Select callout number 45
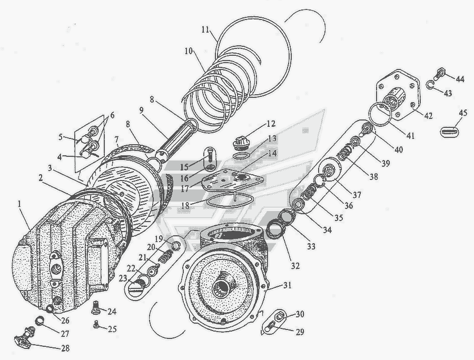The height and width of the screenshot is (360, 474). pyautogui.click(x=462, y=113)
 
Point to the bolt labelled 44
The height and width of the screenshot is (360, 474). pyautogui.click(x=441, y=72)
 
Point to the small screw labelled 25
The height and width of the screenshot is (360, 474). pyautogui.click(x=96, y=324)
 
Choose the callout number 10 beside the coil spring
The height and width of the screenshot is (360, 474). pyautogui.click(x=189, y=51)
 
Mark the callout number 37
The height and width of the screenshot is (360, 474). pyautogui.click(x=357, y=195)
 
